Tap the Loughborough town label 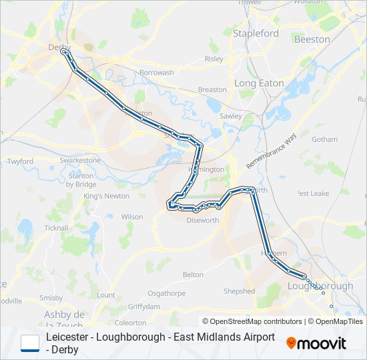(x=320, y=286)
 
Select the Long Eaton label (x=259, y=83)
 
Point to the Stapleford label (x=256, y=33)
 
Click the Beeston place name (x=312, y=39)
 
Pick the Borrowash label (x=157, y=73)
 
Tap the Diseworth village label (x=202, y=220)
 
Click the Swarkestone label (x=80, y=161)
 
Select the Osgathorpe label (x=165, y=293)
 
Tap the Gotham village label (x=324, y=140)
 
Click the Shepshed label (x=239, y=291)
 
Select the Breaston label (x=213, y=89)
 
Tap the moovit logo (x=316, y=343)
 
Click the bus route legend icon (x=30, y=343)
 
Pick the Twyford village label (x=20, y=161)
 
